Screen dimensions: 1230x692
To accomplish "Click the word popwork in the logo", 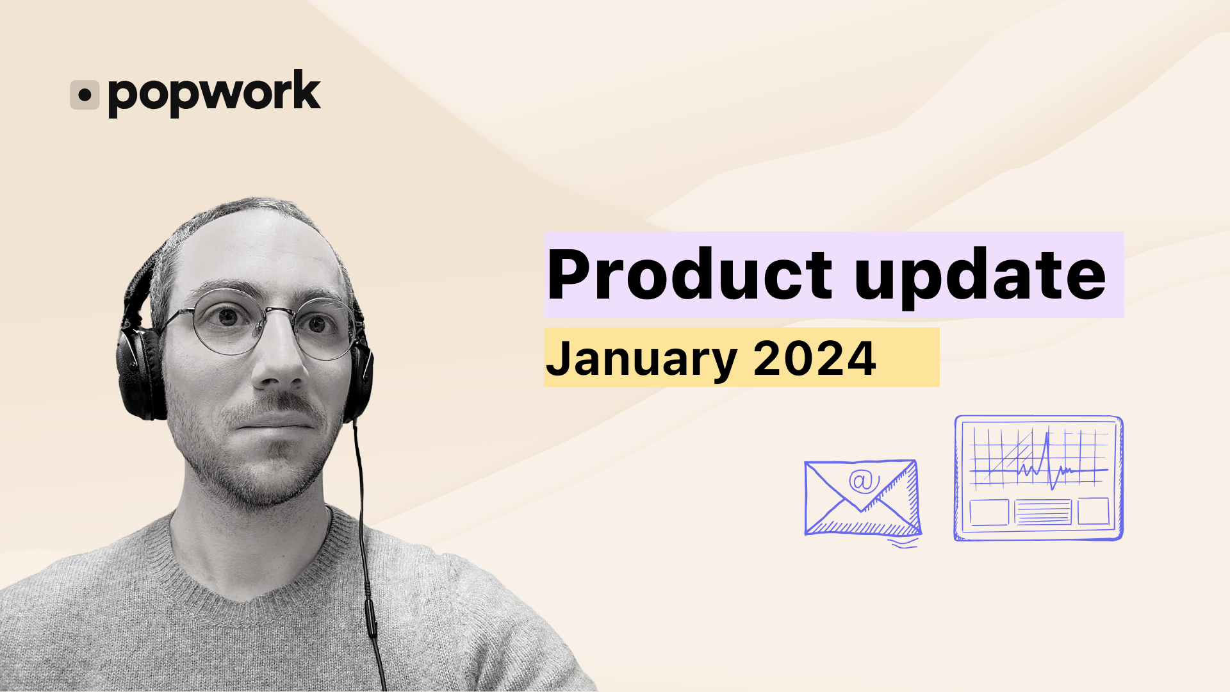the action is [215, 94].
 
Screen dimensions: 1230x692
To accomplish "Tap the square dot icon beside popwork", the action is [85, 95].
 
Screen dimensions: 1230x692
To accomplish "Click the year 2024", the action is [814, 358].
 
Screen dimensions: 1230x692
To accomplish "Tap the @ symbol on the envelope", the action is [864, 481].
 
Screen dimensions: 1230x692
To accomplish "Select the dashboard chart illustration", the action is [1038, 478].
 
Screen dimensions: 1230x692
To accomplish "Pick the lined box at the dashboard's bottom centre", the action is [1042, 512].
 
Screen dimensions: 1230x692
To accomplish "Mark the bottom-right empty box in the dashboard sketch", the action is [1093, 511].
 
